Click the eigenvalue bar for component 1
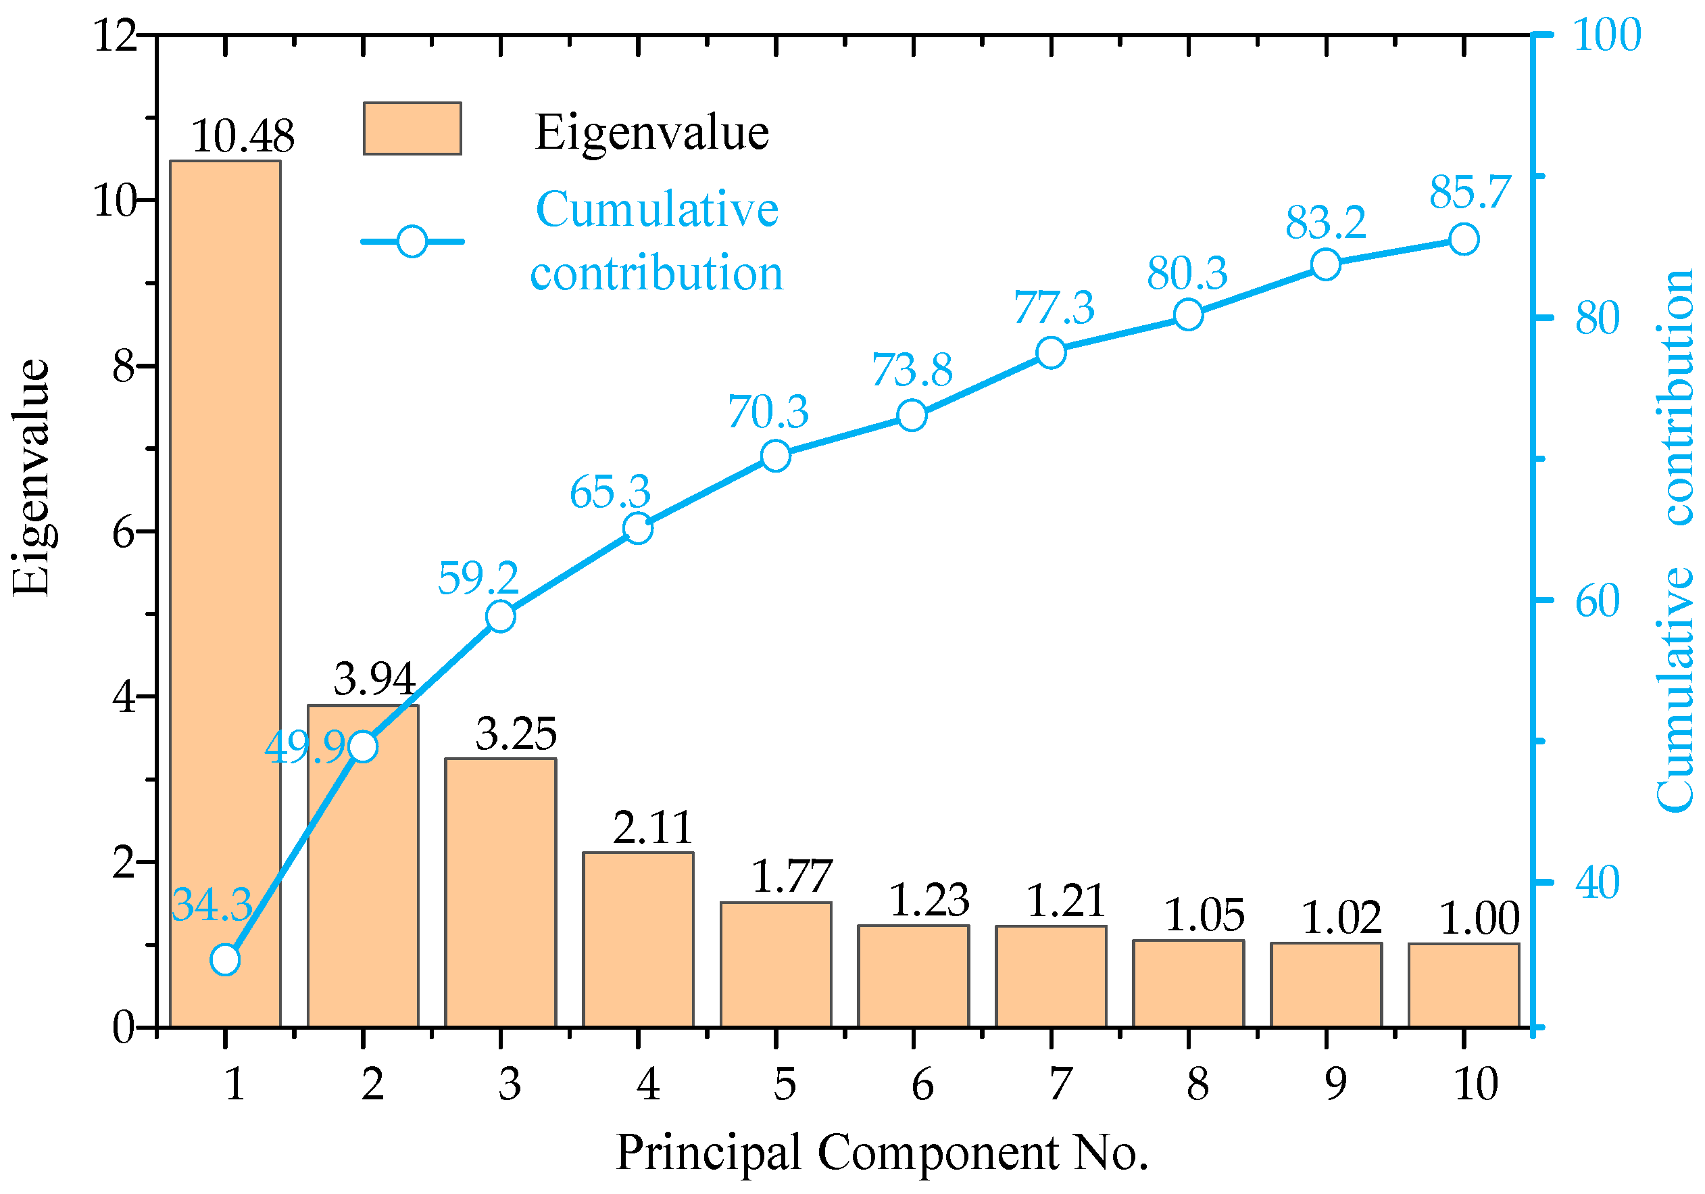click(225, 594)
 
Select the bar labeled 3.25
click(501, 892)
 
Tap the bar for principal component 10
click(1464, 985)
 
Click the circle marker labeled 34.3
click(225, 960)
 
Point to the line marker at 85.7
click(1464, 240)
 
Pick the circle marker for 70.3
click(775, 456)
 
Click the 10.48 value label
click(243, 136)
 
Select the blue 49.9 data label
click(305, 746)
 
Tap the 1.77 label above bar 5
click(791, 876)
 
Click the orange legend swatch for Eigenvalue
click(412, 128)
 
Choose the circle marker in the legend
click(412, 241)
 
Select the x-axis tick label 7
click(1060, 1084)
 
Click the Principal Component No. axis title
click(881, 1152)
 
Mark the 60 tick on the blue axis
click(1598, 600)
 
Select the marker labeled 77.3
click(1051, 352)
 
